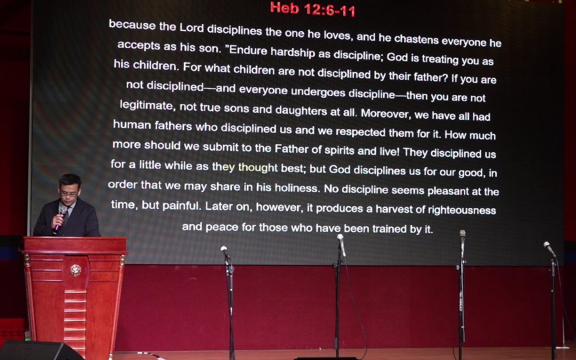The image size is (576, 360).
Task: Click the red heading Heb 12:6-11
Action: point(313,9)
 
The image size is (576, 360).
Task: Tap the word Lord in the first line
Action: point(191,27)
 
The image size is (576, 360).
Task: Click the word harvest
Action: point(397,209)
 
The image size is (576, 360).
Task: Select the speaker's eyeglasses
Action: point(70,193)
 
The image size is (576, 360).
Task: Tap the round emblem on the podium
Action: point(75,270)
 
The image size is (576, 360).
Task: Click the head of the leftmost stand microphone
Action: point(225,251)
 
